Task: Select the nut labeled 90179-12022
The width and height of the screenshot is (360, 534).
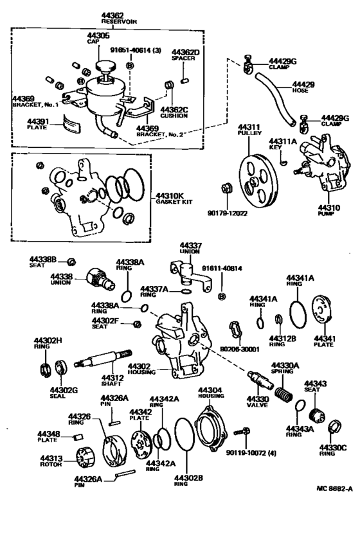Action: pos(226,188)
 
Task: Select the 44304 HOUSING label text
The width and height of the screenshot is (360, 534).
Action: pos(210,393)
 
